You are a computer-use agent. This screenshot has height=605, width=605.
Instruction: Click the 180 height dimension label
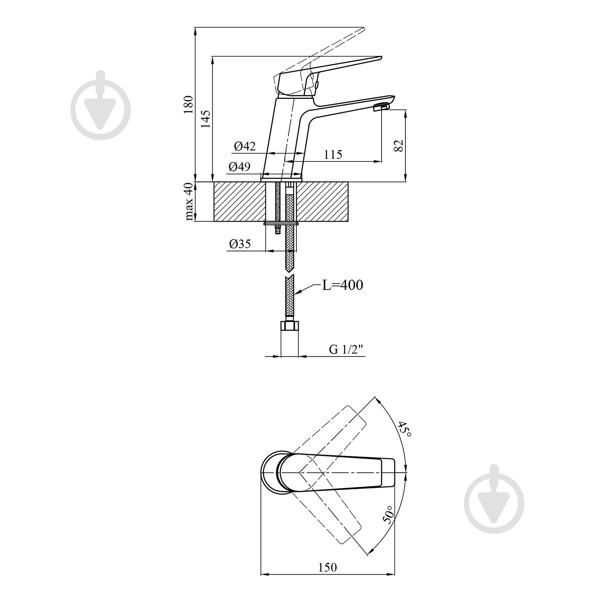(x=188, y=105)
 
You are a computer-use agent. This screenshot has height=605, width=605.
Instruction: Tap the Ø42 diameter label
(x=244, y=146)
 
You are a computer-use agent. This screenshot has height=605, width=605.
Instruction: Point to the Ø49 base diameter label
(x=239, y=167)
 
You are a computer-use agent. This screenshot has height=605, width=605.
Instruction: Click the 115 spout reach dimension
(x=333, y=154)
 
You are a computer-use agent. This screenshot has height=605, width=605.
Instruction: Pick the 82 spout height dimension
(x=398, y=146)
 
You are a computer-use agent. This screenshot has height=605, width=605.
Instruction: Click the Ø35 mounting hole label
(x=240, y=244)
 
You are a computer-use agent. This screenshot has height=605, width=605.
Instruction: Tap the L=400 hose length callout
(x=342, y=285)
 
